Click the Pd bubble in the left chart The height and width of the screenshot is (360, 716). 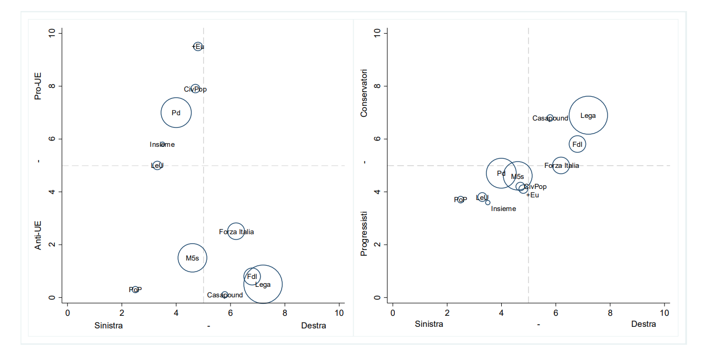(x=176, y=113)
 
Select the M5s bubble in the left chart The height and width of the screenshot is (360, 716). (x=192, y=258)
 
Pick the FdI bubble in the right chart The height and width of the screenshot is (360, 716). (x=577, y=144)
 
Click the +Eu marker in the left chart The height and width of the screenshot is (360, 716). (x=198, y=46)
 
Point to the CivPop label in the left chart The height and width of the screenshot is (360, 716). (x=195, y=89)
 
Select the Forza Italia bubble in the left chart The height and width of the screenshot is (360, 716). (x=236, y=232)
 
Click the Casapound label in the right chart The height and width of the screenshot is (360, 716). (x=550, y=118)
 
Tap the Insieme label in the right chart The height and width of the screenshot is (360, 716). (x=503, y=209)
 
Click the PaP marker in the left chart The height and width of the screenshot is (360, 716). (x=135, y=289)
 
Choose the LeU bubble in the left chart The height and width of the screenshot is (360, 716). (x=157, y=165)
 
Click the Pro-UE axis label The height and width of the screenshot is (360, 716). (x=38, y=86)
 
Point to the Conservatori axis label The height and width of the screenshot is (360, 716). (x=363, y=93)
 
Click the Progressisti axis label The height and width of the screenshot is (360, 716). (x=363, y=234)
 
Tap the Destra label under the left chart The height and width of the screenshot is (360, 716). (x=313, y=326)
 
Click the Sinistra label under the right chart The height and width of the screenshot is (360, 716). (x=429, y=324)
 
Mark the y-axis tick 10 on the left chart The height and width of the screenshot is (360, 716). (x=51, y=33)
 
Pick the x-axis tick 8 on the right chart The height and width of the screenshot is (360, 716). (x=610, y=313)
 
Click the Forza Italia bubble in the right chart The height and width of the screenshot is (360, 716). (x=561, y=165)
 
